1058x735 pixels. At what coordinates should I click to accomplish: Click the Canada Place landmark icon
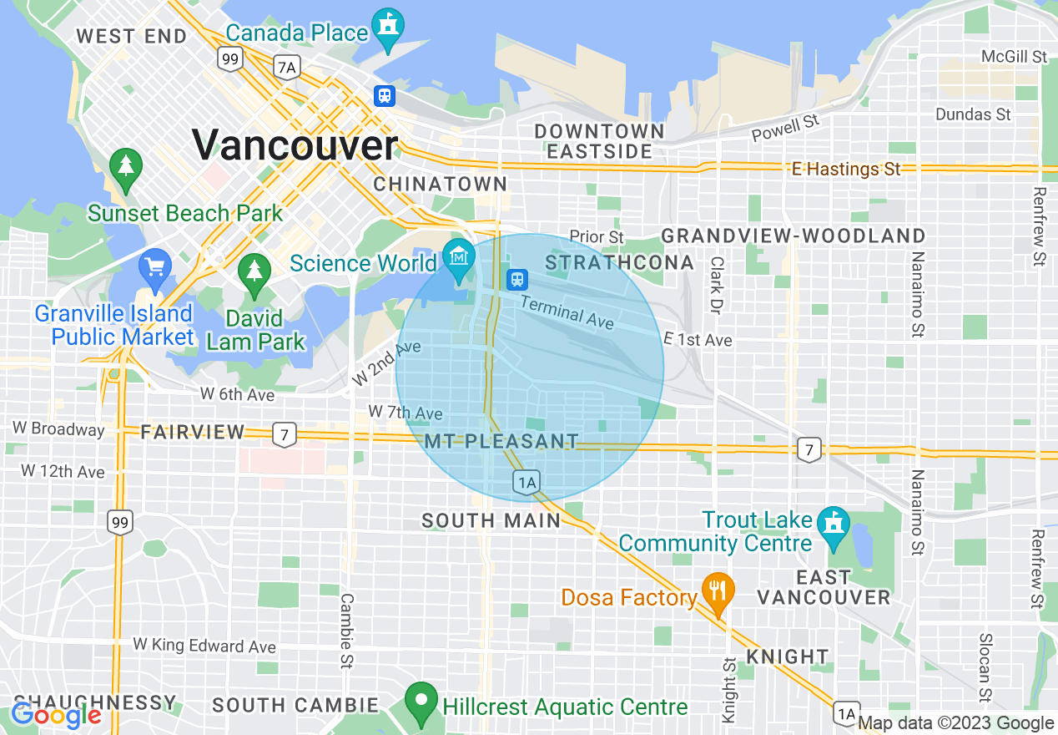coord(388,26)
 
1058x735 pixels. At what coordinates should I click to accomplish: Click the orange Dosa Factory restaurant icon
coord(717,590)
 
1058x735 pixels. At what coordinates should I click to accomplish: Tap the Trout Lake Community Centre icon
coord(834,525)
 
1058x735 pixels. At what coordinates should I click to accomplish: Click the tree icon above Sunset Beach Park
coord(126,165)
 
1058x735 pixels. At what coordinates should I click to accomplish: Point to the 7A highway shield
coord(286,67)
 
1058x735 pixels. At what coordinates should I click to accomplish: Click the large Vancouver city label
coord(295,144)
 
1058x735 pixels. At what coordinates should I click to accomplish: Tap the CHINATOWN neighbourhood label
coord(440,184)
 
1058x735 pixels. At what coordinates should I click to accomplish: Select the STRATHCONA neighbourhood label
coord(619,262)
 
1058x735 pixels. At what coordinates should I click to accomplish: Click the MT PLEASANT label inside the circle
coord(501,441)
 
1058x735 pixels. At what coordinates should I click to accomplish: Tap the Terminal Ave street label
coord(567,312)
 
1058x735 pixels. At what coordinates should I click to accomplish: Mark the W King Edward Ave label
coord(204,646)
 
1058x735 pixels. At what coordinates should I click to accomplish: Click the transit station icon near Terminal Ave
coord(517,278)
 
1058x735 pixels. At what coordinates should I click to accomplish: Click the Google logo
coord(56,715)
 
